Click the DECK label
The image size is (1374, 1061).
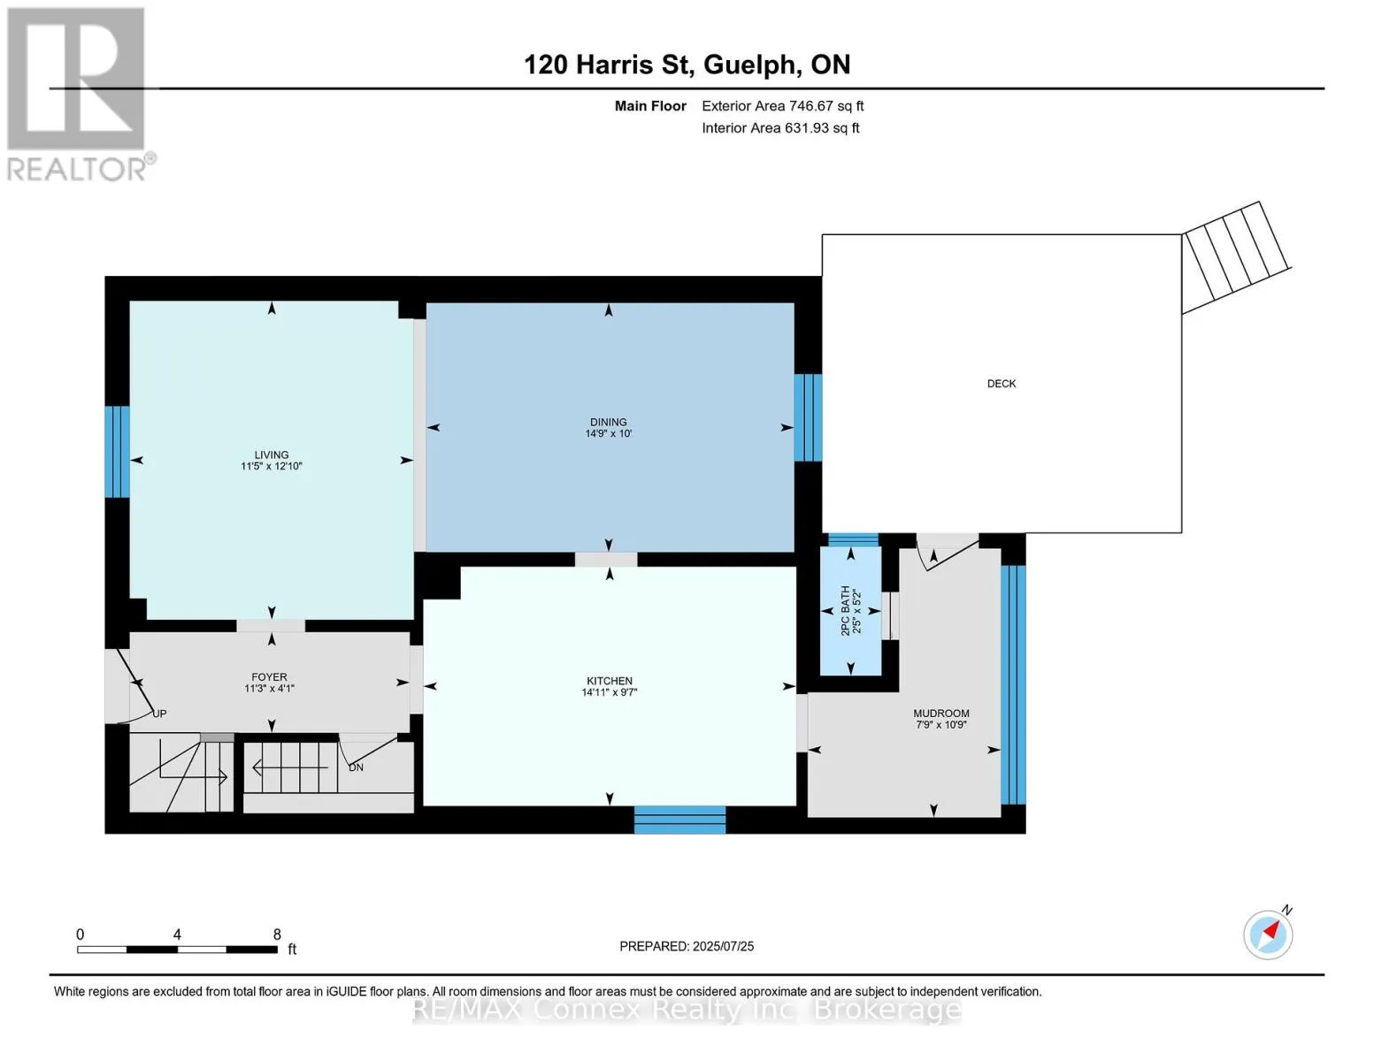click(x=1001, y=384)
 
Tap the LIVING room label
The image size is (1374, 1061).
click(x=272, y=454)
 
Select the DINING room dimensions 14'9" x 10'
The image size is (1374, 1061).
click(x=609, y=433)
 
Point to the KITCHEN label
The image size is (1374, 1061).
click(x=610, y=681)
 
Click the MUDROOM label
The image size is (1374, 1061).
click(x=940, y=713)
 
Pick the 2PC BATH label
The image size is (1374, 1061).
click(x=845, y=610)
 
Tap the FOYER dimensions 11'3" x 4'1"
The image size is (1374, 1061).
click(x=269, y=688)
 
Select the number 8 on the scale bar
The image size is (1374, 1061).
click(x=277, y=934)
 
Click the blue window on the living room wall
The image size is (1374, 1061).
click(x=117, y=452)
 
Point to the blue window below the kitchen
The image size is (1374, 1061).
click(x=679, y=820)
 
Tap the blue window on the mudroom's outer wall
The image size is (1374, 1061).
click(x=1013, y=684)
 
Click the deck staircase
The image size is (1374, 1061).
click(x=1236, y=257)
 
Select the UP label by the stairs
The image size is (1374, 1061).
click(x=159, y=714)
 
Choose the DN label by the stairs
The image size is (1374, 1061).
click(x=356, y=767)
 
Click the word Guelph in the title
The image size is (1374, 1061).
click(x=749, y=65)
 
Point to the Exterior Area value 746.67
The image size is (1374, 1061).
click(x=811, y=106)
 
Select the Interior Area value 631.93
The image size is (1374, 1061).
click(x=807, y=127)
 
